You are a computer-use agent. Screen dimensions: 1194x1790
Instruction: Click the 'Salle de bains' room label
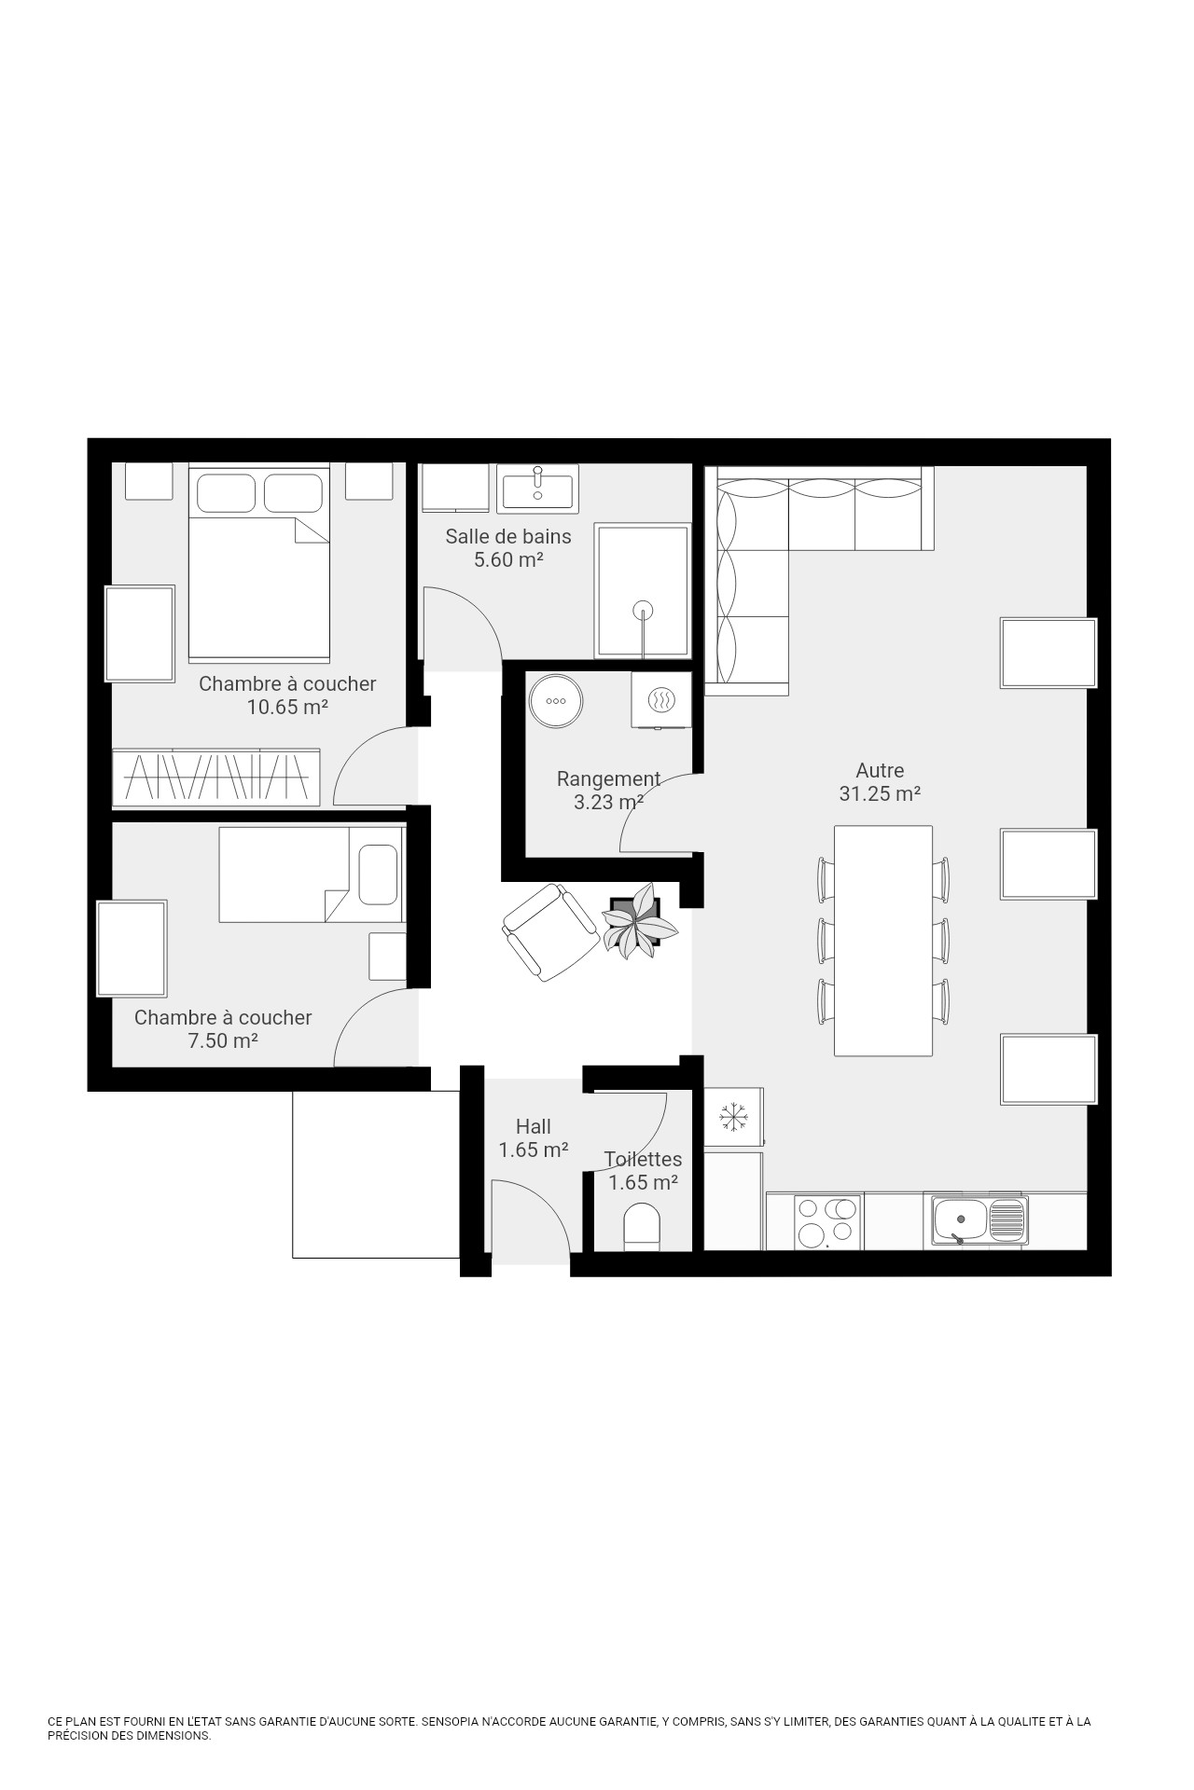pos(507,536)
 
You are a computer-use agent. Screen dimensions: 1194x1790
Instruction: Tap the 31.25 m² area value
pos(880,794)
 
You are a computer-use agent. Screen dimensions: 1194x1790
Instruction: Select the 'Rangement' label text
pos(608,778)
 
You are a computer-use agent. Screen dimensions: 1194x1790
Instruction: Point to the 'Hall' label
pos(534,1126)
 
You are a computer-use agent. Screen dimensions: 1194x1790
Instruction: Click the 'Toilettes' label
pos(643,1159)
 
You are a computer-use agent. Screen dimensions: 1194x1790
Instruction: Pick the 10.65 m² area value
pos(287,707)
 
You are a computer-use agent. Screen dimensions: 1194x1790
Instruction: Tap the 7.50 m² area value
pos(223,1040)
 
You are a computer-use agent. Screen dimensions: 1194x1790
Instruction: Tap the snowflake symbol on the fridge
pos(734,1115)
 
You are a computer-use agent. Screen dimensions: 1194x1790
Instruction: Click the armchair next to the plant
pos(550,930)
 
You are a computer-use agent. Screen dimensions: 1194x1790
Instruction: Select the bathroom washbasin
pos(537,488)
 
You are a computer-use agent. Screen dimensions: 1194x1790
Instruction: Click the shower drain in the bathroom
pos(643,612)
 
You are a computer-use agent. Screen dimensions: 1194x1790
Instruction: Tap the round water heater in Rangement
pos(556,700)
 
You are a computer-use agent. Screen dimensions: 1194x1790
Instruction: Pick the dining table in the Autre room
pos(883,941)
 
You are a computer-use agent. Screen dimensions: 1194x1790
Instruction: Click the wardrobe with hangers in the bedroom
pos(216,777)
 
